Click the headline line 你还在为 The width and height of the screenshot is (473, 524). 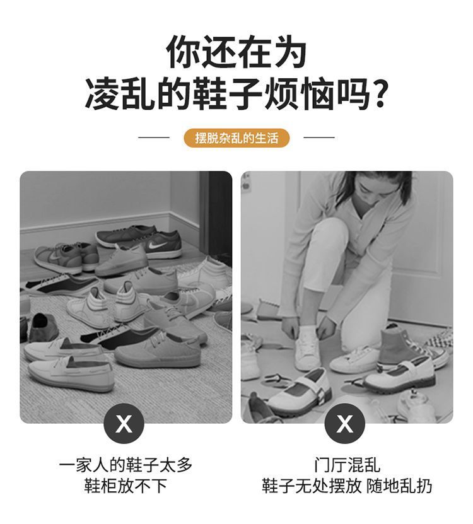tap(236, 52)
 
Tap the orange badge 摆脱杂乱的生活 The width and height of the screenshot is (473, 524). tap(237, 137)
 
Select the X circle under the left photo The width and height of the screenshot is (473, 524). tap(124, 424)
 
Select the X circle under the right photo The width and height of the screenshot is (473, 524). tap(345, 424)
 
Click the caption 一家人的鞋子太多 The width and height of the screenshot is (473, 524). tap(126, 465)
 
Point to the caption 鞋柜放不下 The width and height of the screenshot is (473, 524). tap(126, 486)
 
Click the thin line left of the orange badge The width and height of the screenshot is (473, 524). tap(154, 137)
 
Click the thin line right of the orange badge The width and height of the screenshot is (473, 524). tap(319, 137)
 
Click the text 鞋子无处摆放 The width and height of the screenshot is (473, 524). tap(312, 486)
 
